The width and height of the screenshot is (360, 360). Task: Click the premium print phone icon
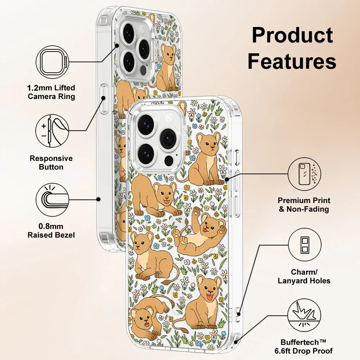(x=304, y=174)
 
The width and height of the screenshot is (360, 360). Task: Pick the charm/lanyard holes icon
(x=304, y=245)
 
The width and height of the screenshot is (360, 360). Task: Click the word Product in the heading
(x=292, y=35)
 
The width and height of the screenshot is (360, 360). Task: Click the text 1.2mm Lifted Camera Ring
(x=51, y=92)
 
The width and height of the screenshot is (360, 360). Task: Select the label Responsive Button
(x=51, y=163)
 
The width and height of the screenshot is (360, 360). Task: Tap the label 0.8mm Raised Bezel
(x=51, y=231)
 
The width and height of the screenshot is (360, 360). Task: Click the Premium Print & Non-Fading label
(x=304, y=204)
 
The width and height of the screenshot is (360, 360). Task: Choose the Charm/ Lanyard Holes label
(x=304, y=276)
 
